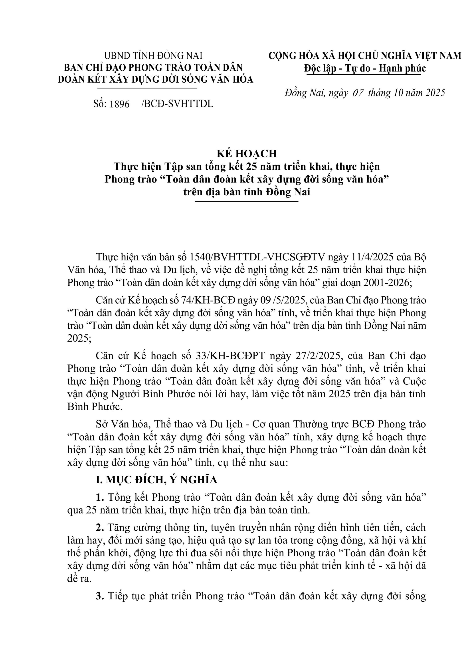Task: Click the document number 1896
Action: coord(119,104)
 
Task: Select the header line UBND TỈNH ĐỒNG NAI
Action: coord(153,56)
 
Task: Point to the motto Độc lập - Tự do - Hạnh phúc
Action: coord(365,68)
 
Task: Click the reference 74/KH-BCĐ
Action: coord(208,300)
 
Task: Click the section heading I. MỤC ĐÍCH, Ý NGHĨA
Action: coord(157,480)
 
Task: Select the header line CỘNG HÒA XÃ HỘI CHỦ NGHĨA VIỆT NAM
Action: coord(364,56)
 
